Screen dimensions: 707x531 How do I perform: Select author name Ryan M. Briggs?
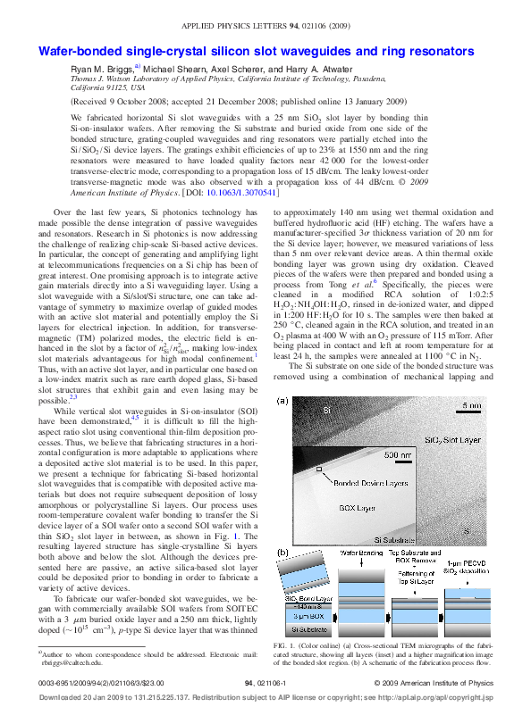[101, 68]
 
